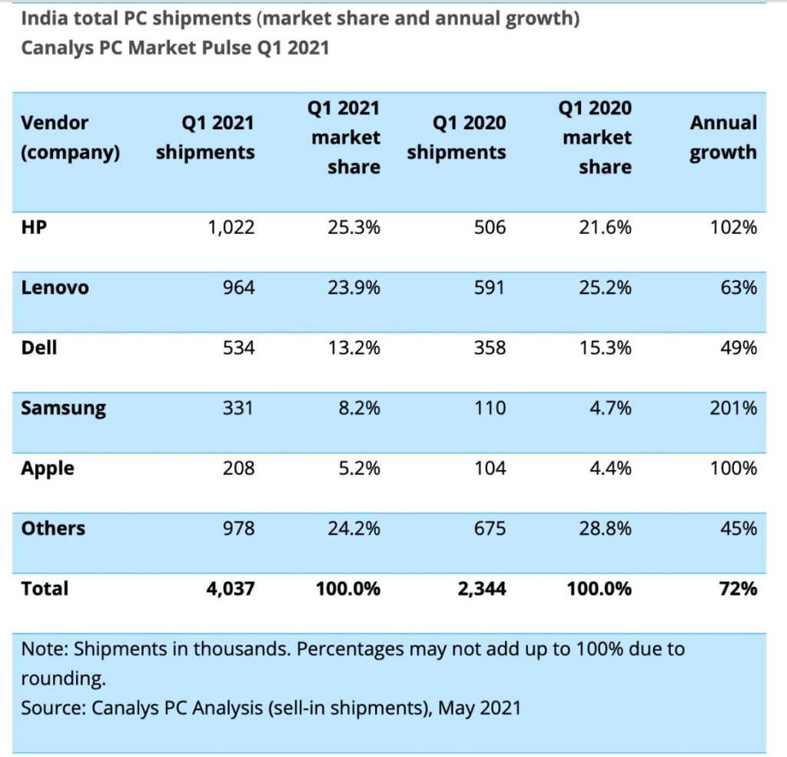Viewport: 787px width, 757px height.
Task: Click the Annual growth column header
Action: point(722,138)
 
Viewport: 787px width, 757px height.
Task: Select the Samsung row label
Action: point(63,409)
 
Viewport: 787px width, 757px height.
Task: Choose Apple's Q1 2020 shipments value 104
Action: point(489,469)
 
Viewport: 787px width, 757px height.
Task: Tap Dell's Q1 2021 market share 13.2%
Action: point(354,348)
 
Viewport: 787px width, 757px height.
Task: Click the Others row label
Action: point(53,529)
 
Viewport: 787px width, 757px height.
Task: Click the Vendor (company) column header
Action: point(70,138)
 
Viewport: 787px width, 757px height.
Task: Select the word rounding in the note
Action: point(62,679)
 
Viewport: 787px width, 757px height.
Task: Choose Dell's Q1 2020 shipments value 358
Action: point(489,348)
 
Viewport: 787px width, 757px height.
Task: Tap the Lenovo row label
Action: point(55,288)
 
